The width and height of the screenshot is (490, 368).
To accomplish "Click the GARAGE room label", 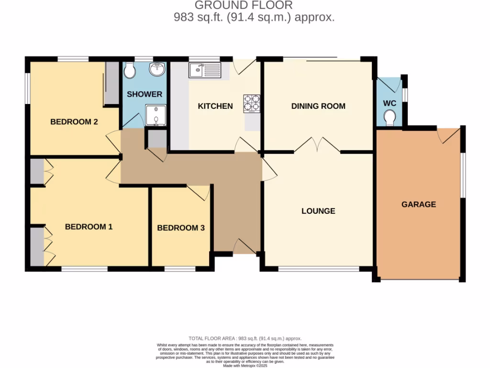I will [418, 204].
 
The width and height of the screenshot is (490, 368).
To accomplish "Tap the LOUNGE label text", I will [318, 211].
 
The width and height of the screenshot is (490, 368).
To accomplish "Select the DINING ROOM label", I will [318, 106].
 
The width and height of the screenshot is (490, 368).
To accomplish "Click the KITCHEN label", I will [215, 106].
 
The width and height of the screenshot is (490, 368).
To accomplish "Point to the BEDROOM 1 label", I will [89, 227].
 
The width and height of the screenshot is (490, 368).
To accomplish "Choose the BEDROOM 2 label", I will [74, 122].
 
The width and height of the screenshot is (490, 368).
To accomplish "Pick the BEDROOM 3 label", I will [181, 228].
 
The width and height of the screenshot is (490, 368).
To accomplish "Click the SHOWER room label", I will [145, 94].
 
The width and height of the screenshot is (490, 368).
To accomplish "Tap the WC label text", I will [390, 103].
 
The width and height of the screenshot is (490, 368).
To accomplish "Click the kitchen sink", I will [204, 70].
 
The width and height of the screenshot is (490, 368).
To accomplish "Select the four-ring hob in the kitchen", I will [252, 103].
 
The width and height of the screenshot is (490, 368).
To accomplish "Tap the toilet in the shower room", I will [129, 71].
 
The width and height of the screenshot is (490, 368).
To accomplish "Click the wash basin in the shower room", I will [157, 70].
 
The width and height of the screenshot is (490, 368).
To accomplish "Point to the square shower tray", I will [155, 115].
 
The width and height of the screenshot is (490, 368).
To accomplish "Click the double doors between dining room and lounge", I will [317, 145].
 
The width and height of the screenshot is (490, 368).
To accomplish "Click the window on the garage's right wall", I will [463, 175].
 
